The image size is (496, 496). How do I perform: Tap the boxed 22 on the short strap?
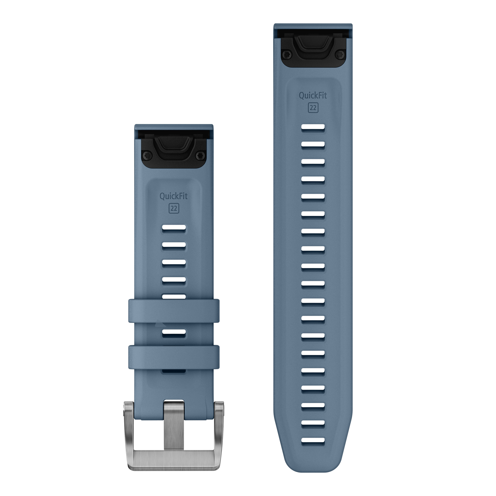click(x=174, y=208)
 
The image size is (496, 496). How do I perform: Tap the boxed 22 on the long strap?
click(x=313, y=108)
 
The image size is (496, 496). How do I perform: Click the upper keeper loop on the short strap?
click(x=174, y=311)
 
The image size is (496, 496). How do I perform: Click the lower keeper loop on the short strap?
click(x=174, y=357)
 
